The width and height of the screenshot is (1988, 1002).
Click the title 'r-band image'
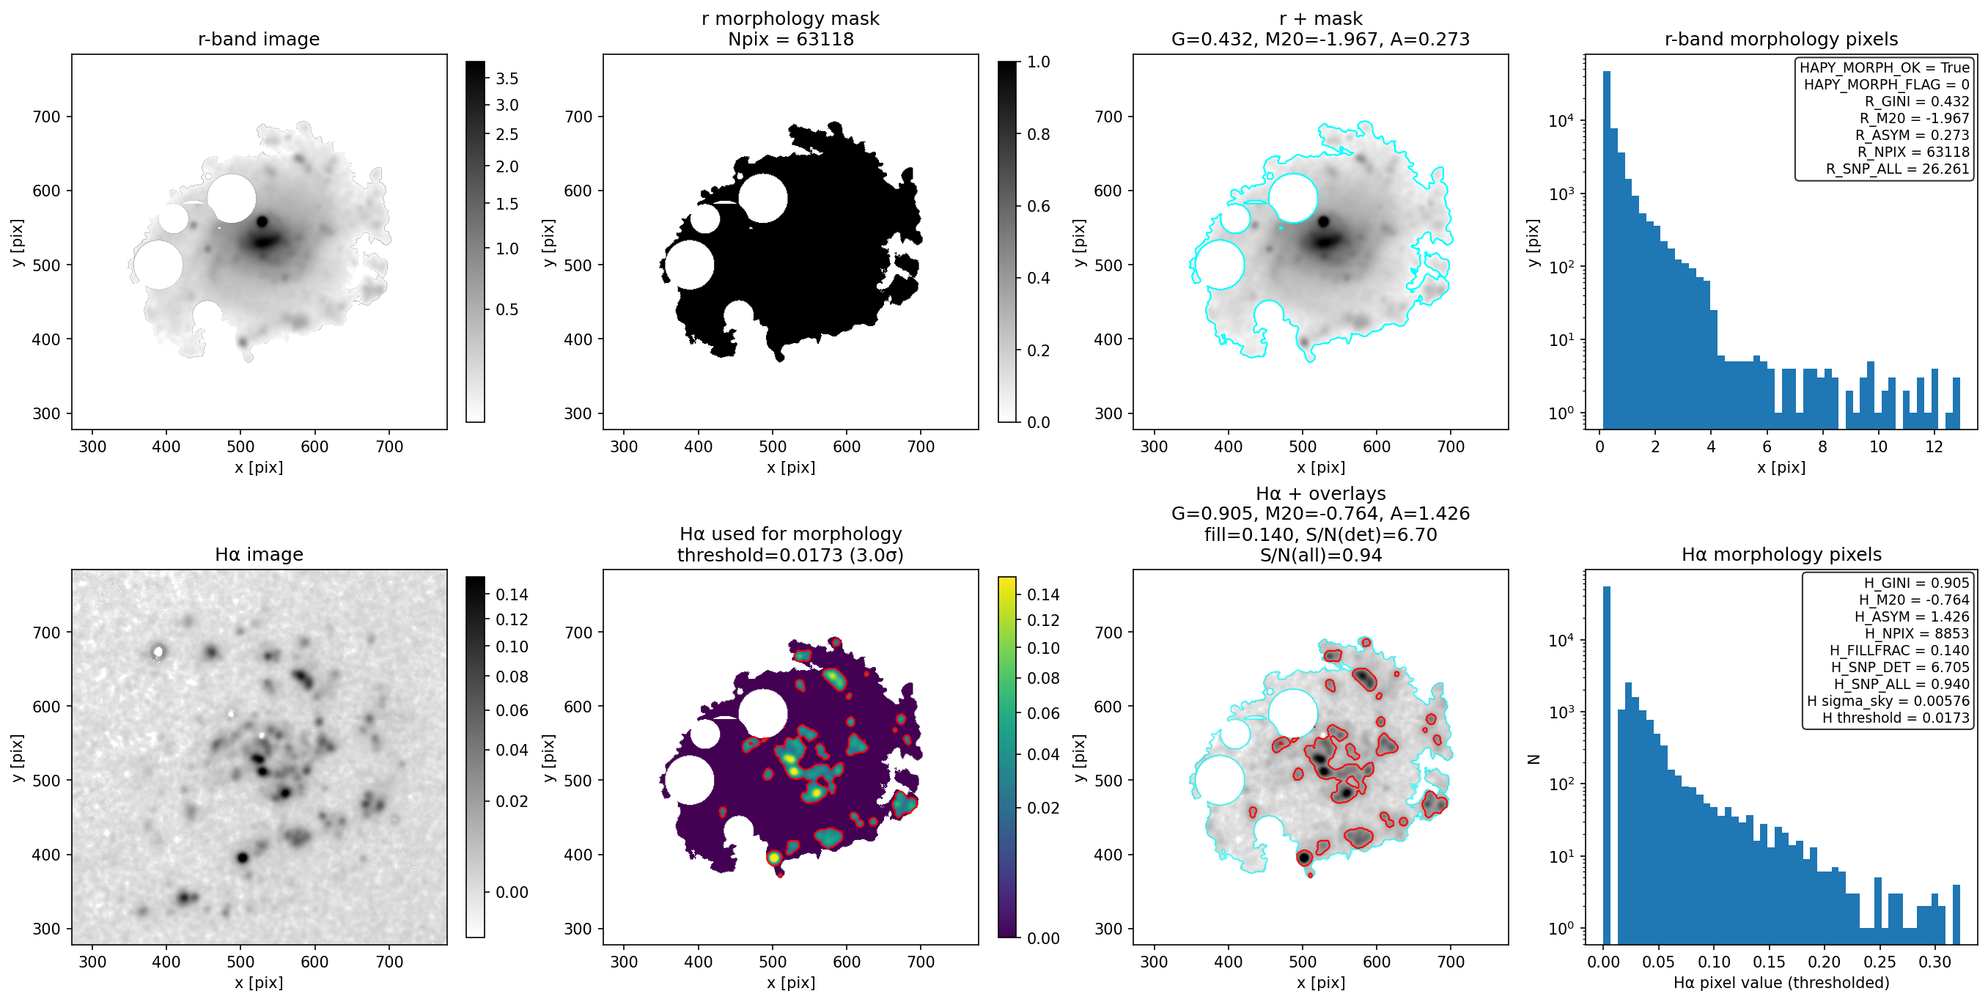[x=259, y=39]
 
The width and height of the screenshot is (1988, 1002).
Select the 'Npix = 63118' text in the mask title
[x=790, y=39]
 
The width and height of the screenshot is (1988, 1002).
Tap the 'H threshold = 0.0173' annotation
[x=1896, y=717]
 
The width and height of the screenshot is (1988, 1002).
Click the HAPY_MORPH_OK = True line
[x=1885, y=67]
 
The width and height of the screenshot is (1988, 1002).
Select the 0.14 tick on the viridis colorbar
[x=1042, y=594]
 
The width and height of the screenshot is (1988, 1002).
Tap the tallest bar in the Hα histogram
[x=1607, y=765]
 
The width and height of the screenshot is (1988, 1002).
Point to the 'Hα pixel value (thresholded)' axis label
[x=1781, y=982]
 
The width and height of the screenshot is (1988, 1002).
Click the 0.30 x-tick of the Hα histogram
[x=1934, y=962]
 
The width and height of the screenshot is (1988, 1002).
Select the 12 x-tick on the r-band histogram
[x=1933, y=446]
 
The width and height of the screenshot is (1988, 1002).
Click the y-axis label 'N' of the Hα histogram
[x=1534, y=759]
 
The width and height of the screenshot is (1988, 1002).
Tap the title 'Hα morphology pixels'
[x=1781, y=554]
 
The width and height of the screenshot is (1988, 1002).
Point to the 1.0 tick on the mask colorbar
[x=1039, y=62]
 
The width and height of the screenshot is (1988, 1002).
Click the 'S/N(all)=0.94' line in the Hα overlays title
[x=1320, y=554]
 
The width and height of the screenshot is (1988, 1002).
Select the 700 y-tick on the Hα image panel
[x=45, y=633]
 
